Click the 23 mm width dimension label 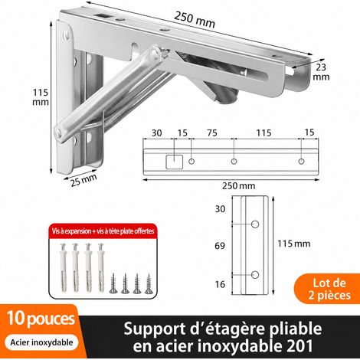point(321,72)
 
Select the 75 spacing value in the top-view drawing point(212,133)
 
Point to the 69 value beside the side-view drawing point(220,246)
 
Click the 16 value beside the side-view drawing point(220,284)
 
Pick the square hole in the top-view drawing point(175,162)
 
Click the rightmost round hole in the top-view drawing point(302,161)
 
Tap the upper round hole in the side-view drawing point(255,224)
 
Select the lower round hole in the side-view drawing point(255,275)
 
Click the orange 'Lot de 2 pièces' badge point(329,289)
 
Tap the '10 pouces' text point(41,319)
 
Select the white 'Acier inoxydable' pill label point(41,342)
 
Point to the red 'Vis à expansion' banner point(103,231)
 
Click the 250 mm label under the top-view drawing point(238,186)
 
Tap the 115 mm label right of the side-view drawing point(294,244)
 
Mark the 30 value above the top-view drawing point(156,133)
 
